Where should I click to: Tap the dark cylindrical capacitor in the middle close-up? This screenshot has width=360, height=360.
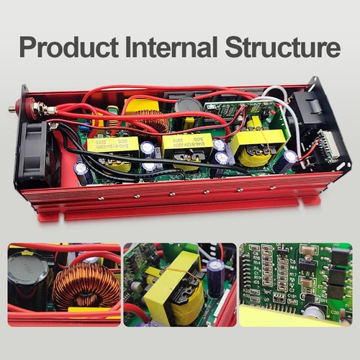tap(215, 278)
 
